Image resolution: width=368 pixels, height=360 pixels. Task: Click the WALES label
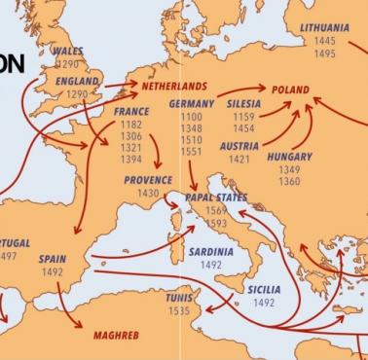(x=68, y=51)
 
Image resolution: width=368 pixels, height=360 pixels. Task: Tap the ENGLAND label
(x=77, y=81)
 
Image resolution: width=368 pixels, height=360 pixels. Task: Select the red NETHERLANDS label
(x=174, y=86)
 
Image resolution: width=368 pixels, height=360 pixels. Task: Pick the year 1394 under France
(x=130, y=159)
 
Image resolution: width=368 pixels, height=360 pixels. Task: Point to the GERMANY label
(x=191, y=103)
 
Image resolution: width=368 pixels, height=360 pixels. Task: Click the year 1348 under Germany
(x=191, y=129)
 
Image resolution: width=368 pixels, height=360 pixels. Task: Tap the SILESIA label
(x=243, y=103)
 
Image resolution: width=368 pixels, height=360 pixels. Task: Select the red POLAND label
(x=290, y=90)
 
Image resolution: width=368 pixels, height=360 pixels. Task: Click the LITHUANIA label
(x=324, y=28)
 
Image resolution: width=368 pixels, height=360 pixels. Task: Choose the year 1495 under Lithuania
(x=324, y=54)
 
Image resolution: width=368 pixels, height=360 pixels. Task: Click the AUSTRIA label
(x=239, y=146)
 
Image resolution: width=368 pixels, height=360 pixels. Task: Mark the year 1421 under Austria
(x=239, y=160)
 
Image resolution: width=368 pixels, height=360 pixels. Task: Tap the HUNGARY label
(x=289, y=156)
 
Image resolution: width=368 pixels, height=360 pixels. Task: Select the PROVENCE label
(x=148, y=180)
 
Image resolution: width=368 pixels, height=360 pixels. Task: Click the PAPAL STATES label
(x=216, y=198)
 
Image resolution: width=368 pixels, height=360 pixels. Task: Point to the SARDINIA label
(x=210, y=251)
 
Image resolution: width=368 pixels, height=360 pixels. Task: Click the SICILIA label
(x=264, y=289)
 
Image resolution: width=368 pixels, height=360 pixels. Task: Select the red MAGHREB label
(x=116, y=335)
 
